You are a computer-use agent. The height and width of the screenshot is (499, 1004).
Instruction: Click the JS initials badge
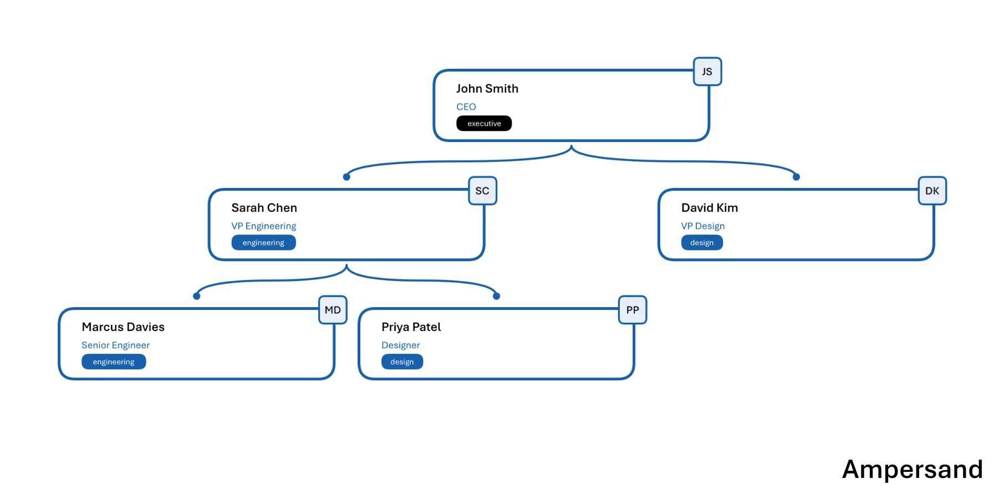point(707,72)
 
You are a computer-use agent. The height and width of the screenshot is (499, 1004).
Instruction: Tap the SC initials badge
point(482,191)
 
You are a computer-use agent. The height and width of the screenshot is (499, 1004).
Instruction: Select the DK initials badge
point(932,191)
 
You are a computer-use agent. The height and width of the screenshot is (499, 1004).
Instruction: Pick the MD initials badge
point(333,310)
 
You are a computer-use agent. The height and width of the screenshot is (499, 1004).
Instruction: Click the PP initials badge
point(633,310)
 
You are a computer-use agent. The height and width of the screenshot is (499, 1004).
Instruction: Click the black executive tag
point(484,124)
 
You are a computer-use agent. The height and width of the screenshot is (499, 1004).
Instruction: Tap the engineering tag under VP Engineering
point(263,243)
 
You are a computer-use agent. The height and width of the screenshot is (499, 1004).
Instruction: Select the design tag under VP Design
point(702,243)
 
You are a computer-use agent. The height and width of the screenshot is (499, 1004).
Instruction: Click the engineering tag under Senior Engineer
point(114,362)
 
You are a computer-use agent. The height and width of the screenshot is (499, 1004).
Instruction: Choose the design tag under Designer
point(402,362)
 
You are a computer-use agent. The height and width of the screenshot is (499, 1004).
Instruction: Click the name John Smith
point(487,89)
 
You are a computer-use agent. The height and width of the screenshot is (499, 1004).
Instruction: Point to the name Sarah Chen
point(264,208)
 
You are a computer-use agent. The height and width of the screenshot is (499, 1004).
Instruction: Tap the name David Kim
point(710,208)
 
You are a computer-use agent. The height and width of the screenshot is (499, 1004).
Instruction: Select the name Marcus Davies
point(123,327)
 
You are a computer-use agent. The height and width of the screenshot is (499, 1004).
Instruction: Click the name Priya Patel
point(411,327)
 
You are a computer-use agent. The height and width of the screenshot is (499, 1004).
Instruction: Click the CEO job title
point(466,107)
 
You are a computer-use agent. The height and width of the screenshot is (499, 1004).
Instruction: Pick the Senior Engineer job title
point(116,345)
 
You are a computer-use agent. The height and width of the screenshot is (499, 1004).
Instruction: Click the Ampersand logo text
point(913,470)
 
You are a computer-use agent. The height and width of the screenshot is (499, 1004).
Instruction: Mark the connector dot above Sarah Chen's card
point(346,177)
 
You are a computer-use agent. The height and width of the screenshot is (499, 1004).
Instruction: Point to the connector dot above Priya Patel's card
point(497,296)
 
